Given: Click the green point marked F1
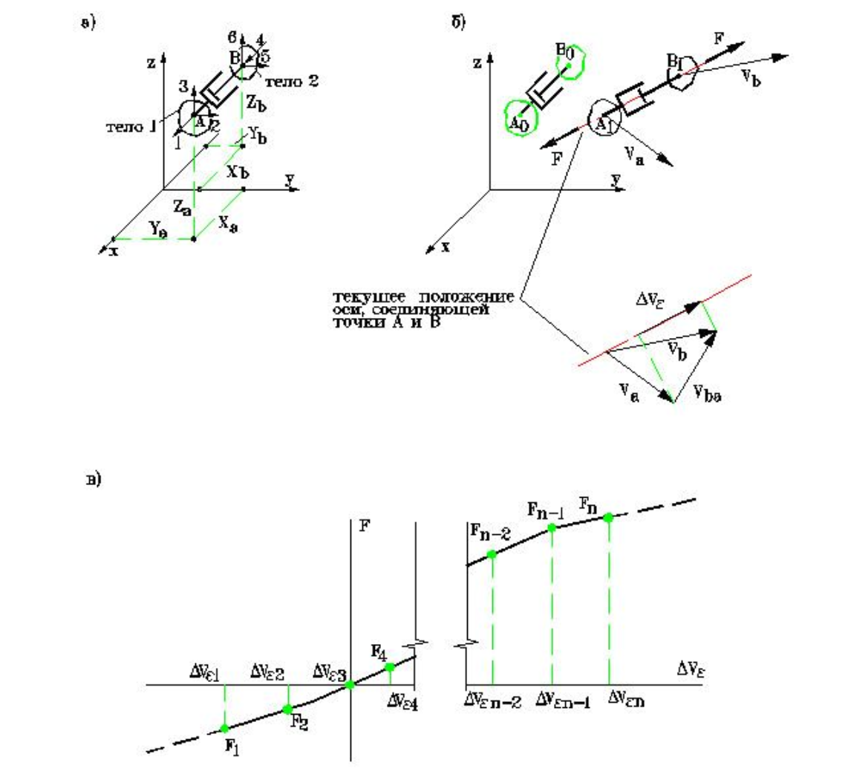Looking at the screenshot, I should click(x=225, y=728).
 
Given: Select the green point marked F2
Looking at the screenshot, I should click(x=287, y=709).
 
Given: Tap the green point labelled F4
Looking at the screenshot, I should click(x=390, y=667).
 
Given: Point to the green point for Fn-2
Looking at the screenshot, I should click(x=492, y=554).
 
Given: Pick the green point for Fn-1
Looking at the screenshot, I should click(x=551, y=527).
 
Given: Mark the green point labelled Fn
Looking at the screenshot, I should click(x=608, y=517).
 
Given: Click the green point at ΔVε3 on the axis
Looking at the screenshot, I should click(x=350, y=684).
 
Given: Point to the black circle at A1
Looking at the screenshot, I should click(x=600, y=120).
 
